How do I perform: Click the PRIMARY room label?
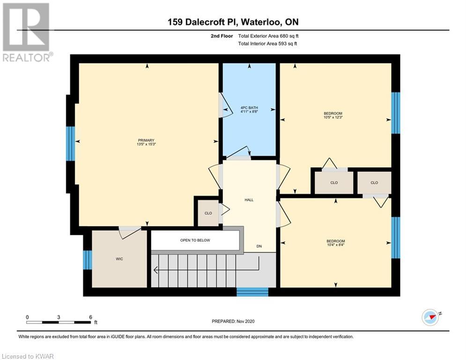(x=146, y=141)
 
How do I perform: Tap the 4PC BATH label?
(x=249, y=108)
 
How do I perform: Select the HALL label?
(x=249, y=200)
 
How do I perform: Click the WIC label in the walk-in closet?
(x=119, y=259)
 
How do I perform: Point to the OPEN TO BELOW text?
(x=195, y=240)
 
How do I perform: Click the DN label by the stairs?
(x=259, y=247)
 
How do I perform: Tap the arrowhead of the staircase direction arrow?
(x=155, y=270)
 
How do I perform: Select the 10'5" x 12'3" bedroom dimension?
(x=333, y=117)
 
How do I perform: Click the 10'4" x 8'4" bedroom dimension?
(x=335, y=245)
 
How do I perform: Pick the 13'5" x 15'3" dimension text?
(x=146, y=144)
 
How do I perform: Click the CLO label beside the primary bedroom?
(x=208, y=213)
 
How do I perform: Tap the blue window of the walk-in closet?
(x=88, y=260)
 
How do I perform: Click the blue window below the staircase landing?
(x=252, y=292)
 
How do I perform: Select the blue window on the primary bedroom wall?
(x=70, y=144)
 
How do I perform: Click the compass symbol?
(x=430, y=317)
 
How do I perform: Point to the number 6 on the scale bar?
(x=91, y=317)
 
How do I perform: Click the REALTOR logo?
(x=27, y=32)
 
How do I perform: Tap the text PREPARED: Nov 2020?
(x=233, y=321)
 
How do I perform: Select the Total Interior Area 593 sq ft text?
(x=267, y=44)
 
